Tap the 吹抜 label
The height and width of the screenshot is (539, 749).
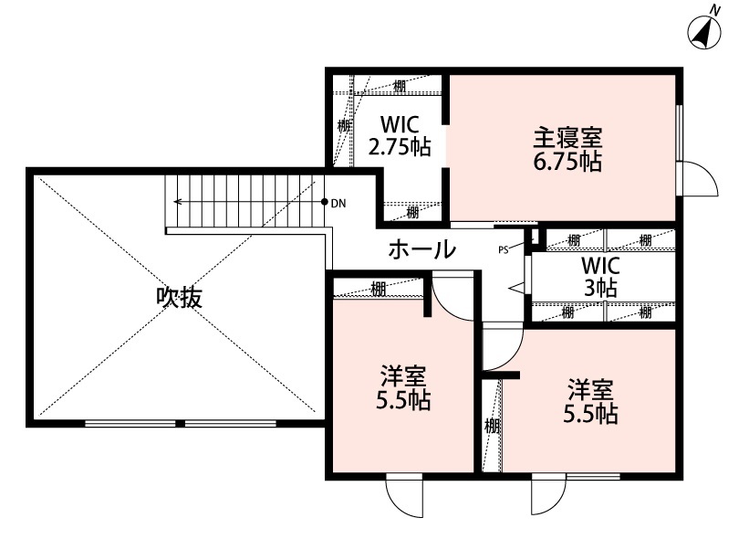[x=178, y=298]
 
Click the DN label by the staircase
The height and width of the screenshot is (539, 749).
[x=338, y=202]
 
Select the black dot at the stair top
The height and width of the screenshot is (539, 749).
[x=325, y=201]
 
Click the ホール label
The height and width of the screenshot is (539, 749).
[x=421, y=248]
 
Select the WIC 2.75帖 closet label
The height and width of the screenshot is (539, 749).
[x=399, y=134]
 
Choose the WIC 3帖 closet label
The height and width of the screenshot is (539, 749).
[x=601, y=276]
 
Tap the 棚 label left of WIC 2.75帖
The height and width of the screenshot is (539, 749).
[x=343, y=125]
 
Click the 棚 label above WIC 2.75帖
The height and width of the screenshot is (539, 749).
[x=400, y=87]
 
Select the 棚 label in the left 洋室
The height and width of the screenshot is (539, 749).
[x=378, y=290]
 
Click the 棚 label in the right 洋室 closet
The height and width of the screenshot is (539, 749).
[x=492, y=426]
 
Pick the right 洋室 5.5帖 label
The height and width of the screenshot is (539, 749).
[x=592, y=400]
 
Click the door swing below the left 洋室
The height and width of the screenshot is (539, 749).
[x=404, y=498]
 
